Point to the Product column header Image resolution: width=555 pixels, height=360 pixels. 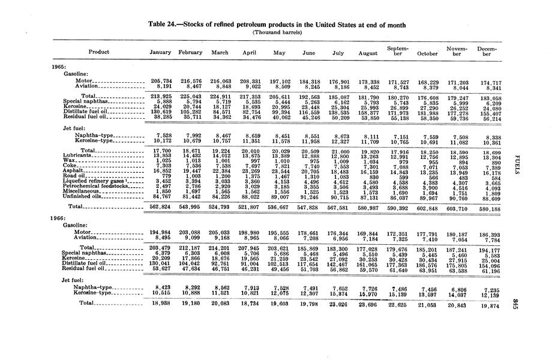point(98,52)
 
